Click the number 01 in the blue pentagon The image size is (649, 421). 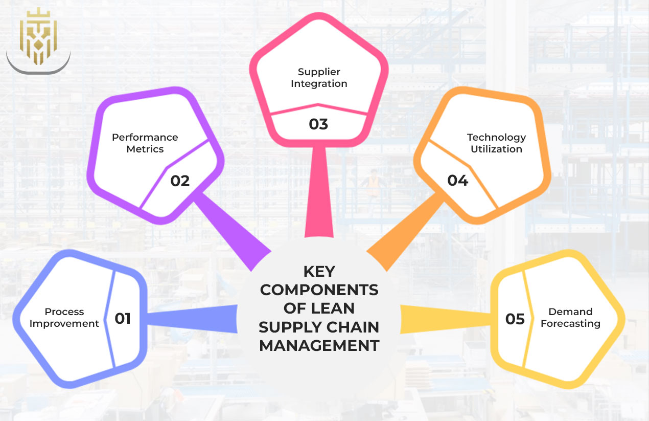(x=123, y=319)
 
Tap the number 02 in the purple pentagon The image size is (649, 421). (x=180, y=181)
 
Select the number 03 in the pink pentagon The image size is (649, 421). (x=318, y=124)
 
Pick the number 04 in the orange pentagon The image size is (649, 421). (x=457, y=181)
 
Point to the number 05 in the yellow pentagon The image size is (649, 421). (x=515, y=319)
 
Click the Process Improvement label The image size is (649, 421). (x=64, y=318)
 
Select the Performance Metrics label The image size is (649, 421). (x=145, y=143)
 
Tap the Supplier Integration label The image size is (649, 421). (x=319, y=78)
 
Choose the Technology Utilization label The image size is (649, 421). (x=496, y=143)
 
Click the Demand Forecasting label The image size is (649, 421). (x=570, y=318)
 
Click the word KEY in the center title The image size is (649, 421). (x=319, y=271)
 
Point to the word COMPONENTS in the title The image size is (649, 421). (x=319, y=290)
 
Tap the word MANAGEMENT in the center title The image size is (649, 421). (x=319, y=345)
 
